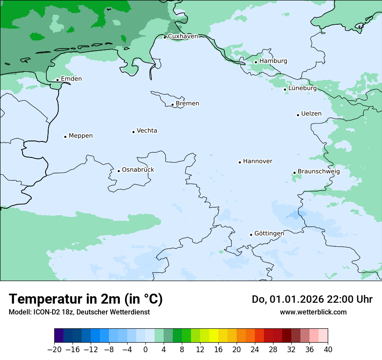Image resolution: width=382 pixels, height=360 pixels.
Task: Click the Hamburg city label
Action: pos(273,61)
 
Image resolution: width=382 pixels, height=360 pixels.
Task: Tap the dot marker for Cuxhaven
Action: pos(165,37)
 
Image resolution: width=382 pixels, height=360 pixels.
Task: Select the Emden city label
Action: pos(71,79)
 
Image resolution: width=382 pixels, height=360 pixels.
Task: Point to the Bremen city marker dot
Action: pos(172,105)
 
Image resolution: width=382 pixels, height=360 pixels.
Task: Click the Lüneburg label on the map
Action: pos(302,88)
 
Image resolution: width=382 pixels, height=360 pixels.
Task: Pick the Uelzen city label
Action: pos(311,114)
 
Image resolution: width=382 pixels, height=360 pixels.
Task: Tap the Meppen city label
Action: pos(81,136)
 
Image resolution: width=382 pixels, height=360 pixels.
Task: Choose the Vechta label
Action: pos(147,131)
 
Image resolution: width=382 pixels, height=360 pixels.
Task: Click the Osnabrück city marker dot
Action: pos(119,171)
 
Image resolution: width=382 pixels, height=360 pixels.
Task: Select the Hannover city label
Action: pos(257,161)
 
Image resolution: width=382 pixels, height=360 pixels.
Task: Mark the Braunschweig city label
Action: pos(319,172)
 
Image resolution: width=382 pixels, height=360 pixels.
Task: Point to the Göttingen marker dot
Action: pos(251,235)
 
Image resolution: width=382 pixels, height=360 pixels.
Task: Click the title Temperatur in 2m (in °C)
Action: pos(86,299)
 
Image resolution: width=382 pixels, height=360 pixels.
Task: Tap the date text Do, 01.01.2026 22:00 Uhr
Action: pos(312,299)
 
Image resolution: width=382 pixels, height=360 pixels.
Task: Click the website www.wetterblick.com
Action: pos(313,312)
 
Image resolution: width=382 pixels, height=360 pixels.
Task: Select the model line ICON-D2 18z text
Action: pos(79,312)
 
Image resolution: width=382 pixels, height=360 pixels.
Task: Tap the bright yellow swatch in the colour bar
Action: pos(214,336)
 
